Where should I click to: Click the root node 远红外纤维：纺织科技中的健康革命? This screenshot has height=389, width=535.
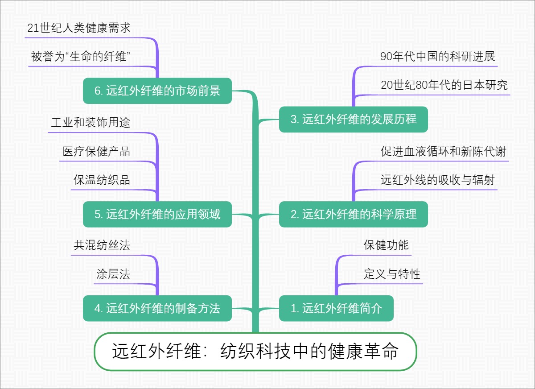tap(255, 352)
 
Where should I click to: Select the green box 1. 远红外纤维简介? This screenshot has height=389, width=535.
tap(336, 308)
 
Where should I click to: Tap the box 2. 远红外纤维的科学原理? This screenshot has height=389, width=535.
tap(353, 214)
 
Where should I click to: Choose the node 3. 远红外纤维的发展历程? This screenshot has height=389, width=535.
tap(353, 119)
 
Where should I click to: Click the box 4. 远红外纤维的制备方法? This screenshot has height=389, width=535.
tap(157, 308)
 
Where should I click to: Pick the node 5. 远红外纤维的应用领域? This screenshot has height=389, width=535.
tap(157, 214)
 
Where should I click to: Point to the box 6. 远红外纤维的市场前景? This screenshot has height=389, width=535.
tap(157, 91)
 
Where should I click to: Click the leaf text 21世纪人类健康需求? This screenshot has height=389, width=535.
tap(78, 28)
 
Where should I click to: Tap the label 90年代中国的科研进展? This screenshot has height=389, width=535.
tap(437, 57)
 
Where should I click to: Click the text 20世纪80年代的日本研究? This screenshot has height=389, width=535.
tap(444, 85)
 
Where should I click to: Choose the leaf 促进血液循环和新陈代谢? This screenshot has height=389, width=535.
tap(444, 152)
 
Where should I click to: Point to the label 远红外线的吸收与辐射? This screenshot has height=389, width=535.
tap(437, 180)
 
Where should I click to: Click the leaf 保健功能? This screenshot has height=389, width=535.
tap(386, 245)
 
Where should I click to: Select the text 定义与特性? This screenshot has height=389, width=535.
tap(392, 274)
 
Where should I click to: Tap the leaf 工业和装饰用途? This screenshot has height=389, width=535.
tap(91, 123)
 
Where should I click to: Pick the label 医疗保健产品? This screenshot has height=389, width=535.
tap(96, 152)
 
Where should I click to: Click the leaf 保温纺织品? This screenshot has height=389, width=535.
tap(102, 180)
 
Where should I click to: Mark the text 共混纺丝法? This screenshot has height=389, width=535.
tap(102, 245)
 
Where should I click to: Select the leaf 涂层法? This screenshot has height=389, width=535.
tap(113, 274)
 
